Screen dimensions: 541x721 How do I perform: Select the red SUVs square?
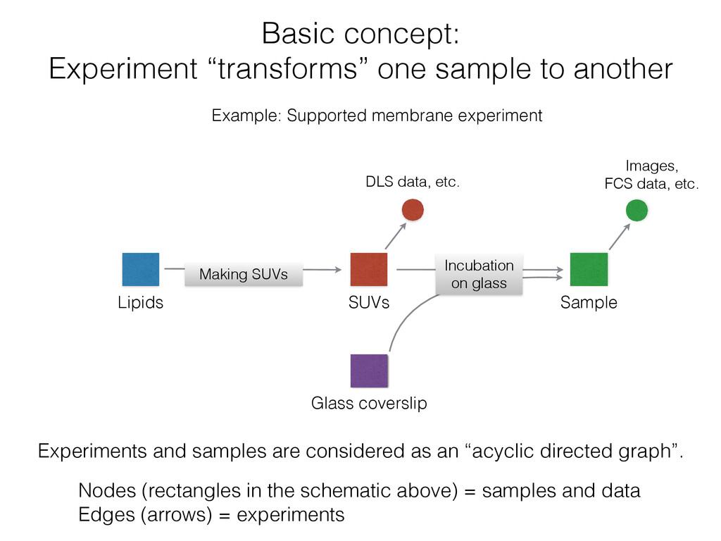368,270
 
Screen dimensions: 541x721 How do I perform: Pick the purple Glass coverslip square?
369,371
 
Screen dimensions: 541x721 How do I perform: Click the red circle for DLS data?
413,210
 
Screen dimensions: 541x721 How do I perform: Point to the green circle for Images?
637,210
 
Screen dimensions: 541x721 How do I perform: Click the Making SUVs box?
243,274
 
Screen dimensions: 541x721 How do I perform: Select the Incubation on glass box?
479,274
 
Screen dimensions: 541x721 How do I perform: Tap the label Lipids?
140,303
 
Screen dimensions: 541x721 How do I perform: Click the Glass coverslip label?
369,404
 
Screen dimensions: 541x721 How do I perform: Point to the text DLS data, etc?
412,183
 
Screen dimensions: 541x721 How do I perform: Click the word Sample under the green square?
589,303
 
